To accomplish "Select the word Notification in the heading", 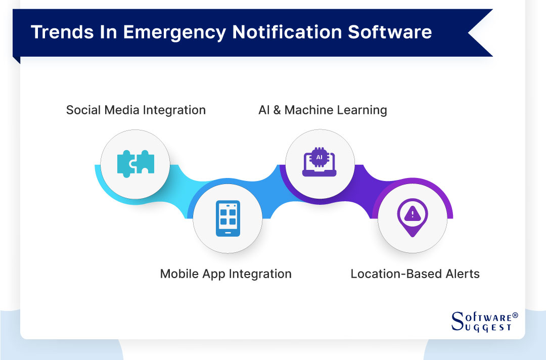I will tap(286, 32).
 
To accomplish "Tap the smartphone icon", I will tap(227, 218).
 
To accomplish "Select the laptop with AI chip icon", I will tap(319, 163).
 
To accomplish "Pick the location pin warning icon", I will tap(413, 217).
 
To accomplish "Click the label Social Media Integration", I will tap(136, 110).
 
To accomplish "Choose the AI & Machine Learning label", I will tap(323, 110).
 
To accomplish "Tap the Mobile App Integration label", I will tap(225, 274).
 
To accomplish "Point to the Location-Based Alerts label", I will tap(415, 274).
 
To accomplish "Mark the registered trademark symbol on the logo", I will tap(515, 315).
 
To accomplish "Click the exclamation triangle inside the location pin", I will tap(413, 214).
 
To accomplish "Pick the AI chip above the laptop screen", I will tap(319, 157).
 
